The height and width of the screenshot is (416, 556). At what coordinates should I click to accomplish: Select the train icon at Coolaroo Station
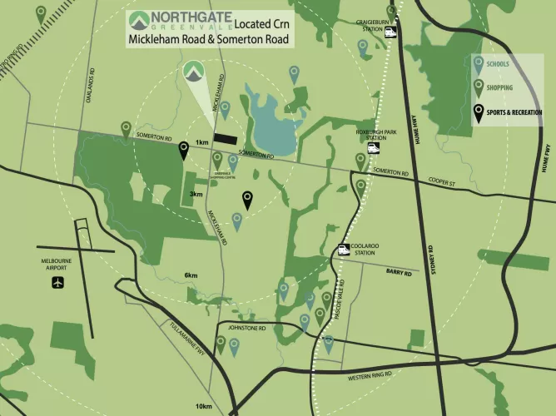(x=344, y=249)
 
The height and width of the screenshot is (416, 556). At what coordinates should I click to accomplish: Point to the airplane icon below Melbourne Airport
(x=57, y=282)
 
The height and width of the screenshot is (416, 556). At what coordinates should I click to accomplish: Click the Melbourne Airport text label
(x=57, y=265)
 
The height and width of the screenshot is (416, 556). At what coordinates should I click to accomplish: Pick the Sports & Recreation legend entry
(x=508, y=111)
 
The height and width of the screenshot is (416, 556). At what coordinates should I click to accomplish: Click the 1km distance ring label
(x=201, y=142)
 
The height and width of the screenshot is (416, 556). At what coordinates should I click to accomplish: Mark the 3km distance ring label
(x=196, y=194)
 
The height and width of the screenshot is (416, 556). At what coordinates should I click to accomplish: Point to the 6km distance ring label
(x=191, y=275)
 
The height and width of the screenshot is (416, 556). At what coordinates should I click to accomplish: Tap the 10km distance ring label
(x=205, y=405)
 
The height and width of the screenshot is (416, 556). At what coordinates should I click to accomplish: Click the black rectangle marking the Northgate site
(x=225, y=138)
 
